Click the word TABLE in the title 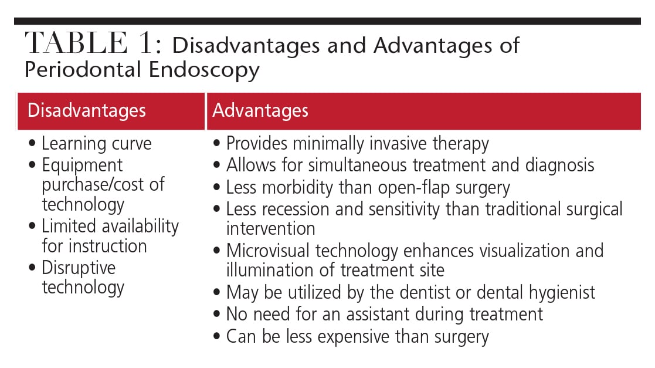[x=76, y=43]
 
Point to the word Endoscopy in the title [x=204, y=70]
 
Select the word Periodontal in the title [x=83, y=69]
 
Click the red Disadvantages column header [x=111, y=112]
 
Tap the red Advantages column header [x=424, y=112]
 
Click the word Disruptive [x=79, y=268]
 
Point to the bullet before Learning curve [x=32, y=143]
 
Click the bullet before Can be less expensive [x=216, y=336]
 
